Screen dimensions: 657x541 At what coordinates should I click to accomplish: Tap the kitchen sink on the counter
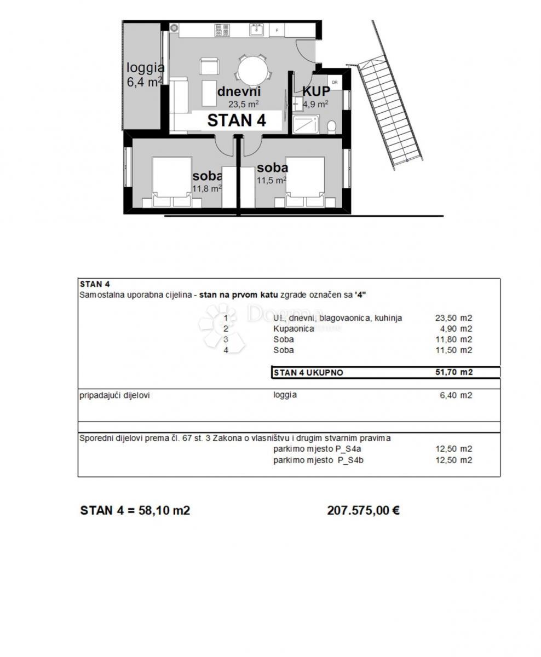256,30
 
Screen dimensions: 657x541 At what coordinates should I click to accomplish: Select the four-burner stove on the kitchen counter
222,30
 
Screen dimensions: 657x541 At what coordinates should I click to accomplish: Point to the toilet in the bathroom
331,126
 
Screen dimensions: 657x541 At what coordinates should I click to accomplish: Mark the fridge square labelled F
278,30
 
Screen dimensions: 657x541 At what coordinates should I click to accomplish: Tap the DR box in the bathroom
334,83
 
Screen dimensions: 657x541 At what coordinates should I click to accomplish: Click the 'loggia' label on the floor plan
145,68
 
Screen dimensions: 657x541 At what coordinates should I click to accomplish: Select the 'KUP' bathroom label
316,91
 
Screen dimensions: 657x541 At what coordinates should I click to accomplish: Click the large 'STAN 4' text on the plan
237,120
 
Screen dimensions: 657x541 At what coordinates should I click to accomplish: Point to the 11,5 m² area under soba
271,180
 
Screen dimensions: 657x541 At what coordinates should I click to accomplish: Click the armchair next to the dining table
209,67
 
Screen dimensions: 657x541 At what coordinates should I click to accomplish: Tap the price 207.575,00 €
363,510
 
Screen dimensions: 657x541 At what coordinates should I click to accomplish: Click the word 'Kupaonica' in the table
293,328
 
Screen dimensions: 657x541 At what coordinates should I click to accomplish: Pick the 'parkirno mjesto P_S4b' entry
318,460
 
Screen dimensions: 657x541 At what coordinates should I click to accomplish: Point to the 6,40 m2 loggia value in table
456,395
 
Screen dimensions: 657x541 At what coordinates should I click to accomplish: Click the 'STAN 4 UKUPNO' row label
308,372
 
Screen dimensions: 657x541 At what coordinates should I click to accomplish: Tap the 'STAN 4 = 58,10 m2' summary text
135,510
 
